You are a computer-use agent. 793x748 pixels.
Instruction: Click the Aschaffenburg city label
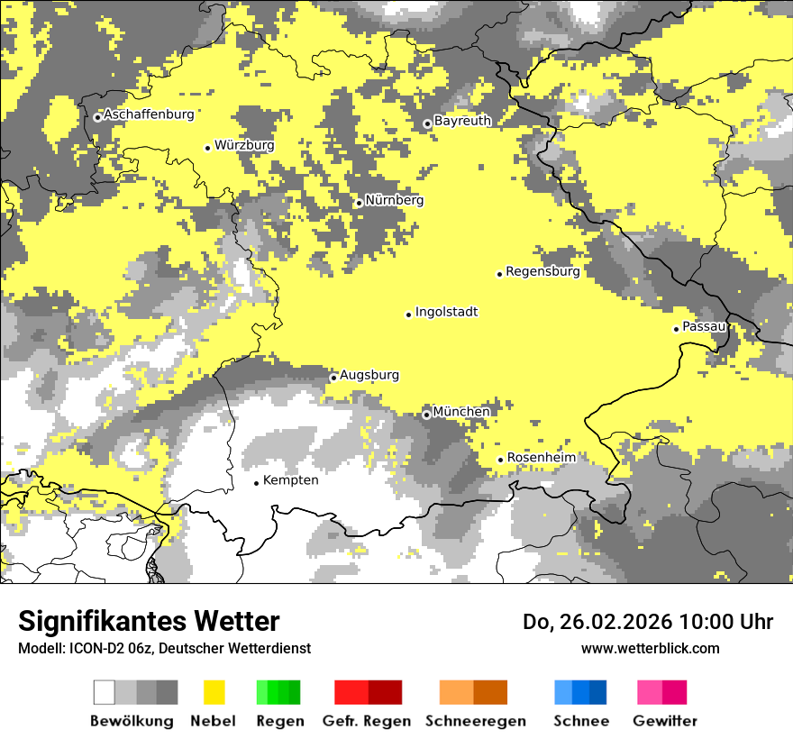(149, 114)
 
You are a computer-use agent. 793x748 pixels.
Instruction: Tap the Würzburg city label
(244, 145)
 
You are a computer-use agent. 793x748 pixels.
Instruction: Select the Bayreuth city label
(462, 121)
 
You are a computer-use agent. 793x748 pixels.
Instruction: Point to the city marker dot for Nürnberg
(359, 203)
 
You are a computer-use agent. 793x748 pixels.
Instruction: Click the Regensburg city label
(542, 271)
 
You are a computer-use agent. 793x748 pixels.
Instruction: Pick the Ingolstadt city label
(446, 312)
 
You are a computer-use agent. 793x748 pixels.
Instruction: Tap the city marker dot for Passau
(676, 329)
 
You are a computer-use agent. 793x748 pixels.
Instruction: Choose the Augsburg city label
(369, 375)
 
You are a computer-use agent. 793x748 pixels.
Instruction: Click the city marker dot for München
(426, 415)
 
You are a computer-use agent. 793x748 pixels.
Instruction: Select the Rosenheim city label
(541, 458)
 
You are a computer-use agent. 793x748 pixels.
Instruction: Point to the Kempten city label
(290, 480)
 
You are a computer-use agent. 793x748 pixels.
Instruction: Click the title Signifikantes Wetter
(149, 622)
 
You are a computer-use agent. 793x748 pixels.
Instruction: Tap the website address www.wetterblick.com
(650, 648)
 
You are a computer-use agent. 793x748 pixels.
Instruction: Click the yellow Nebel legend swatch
(214, 692)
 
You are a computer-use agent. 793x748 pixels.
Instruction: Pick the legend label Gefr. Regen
(367, 721)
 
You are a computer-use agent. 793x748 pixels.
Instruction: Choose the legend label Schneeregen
(475, 721)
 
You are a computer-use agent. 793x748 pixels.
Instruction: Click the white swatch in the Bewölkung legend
(105, 692)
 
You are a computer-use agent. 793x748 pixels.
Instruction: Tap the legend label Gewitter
(664, 721)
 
